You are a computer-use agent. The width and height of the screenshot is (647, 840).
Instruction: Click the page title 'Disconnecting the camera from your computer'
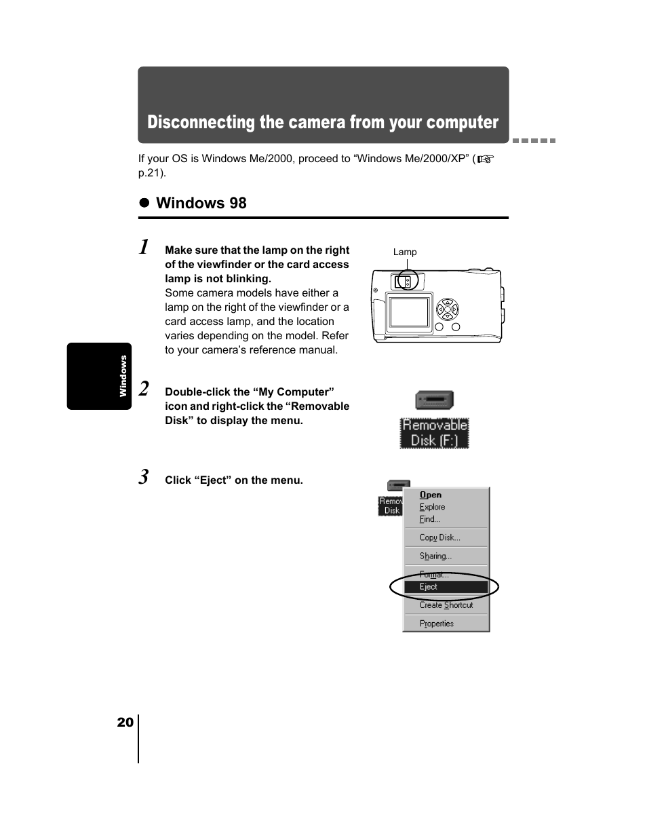(x=323, y=122)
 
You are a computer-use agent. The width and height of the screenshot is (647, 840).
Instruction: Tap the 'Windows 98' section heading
(x=201, y=203)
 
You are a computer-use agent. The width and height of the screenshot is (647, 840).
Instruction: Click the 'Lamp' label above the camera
(x=405, y=252)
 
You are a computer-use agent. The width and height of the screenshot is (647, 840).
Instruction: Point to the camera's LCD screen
(x=409, y=312)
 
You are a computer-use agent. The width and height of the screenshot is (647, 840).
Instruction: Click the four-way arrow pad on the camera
(x=447, y=309)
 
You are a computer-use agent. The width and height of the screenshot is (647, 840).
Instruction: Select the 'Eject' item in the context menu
(x=429, y=587)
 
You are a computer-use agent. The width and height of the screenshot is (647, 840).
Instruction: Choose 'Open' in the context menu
(x=430, y=495)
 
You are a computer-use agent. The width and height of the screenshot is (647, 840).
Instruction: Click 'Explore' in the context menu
(x=432, y=507)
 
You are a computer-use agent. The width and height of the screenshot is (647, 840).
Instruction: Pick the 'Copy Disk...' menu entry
(x=439, y=537)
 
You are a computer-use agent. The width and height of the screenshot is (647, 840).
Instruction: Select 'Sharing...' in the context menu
(x=435, y=556)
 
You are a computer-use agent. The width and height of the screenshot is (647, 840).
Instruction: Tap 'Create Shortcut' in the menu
(x=446, y=605)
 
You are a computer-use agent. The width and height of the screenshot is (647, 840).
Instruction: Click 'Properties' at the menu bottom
(x=436, y=624)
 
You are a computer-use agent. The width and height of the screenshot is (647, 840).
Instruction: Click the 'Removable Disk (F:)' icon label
(x=435, y=433)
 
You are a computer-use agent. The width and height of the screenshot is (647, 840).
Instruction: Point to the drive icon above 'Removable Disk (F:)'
(x=434, y=400)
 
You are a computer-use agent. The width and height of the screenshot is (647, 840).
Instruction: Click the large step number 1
(x=144, y=247)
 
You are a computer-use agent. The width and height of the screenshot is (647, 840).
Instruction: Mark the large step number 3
(x=144, y=477)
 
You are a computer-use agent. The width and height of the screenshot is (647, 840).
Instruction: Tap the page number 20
(x=125, y=722)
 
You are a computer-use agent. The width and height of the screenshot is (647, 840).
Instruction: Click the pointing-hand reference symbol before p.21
(x=485, y=159)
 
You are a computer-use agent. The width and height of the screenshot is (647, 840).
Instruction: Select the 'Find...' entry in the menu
(x=429, y=519)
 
